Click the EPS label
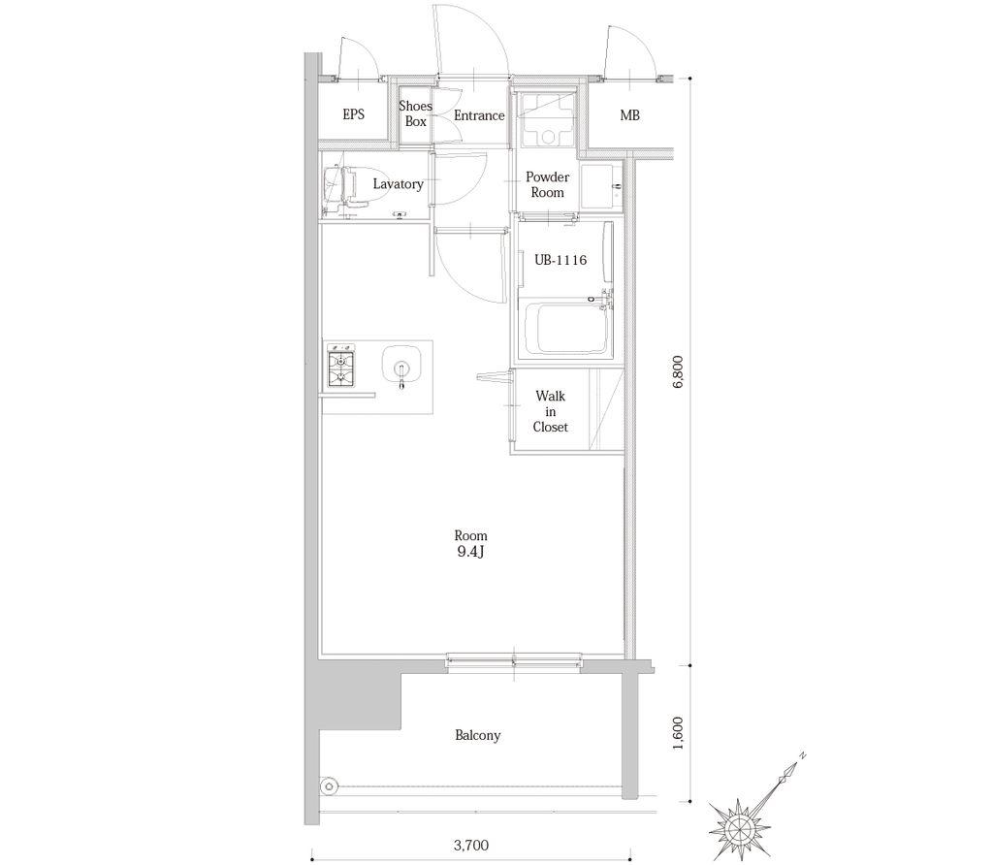(x=353, y=114)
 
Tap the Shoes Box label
(x=415, y=113)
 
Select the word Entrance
(x=479, y=115)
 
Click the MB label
(x=629, y=115)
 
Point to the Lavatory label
(x=398, y=184)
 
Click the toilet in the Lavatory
(x=346, y=186)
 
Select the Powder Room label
(x=547, y=184)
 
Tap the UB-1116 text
(x=561, y=260)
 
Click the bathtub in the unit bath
(x=566, y=330)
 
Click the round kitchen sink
(x=400, y=366)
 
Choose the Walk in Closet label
(x=550, y=411)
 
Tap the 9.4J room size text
(x=470, y=552)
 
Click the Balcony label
(x=477, y=735)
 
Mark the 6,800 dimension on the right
(x=678, y=371)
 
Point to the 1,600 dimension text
(x=678, y=733)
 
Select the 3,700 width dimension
(x=471, y=845)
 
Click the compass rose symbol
(x=740, y=827)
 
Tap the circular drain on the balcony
(x=329, y=787)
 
